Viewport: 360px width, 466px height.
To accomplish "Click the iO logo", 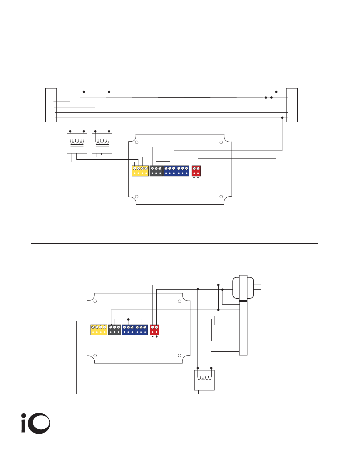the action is tap(36, 424).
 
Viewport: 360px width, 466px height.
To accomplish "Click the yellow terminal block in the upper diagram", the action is tap(140, 171).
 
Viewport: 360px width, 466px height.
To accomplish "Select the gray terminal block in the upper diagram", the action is tap(156, 171).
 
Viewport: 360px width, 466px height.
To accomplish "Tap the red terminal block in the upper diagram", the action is tap(196, 171).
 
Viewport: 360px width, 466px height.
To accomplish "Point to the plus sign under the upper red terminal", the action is tap(198, 178).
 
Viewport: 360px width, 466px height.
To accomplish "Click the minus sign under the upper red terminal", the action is tap(194, 178).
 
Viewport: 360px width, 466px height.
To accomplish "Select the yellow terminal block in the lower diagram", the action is tap(99, 330).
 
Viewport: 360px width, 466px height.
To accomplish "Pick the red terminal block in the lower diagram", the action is tap(155, 330).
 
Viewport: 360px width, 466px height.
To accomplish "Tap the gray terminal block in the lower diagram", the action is tap(115, 330).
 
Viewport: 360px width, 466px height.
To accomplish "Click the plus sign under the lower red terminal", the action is tap(157, 337).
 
